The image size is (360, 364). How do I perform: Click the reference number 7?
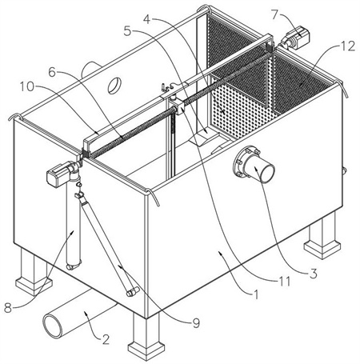coord(277,14)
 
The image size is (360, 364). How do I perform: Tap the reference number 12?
coord(348,46)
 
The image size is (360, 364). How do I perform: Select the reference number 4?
coord(148,18)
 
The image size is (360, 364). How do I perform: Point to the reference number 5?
coord(128,31)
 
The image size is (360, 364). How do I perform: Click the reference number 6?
coord(53,72)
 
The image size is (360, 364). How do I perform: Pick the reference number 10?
coord(27,86)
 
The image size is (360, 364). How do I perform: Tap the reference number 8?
coord(8,308)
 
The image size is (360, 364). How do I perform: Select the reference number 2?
coord(106,339)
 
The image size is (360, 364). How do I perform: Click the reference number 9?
coord(196,323)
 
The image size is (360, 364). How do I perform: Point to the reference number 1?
coord(256,295)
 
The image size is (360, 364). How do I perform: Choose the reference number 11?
coord(284,281)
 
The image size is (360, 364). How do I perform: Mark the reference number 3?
coord(313,274)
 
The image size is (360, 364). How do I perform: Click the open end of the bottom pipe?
coord(52,326)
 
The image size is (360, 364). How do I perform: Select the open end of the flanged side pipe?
coord(267,173)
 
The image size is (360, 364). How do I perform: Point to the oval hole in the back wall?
coord(114,86)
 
